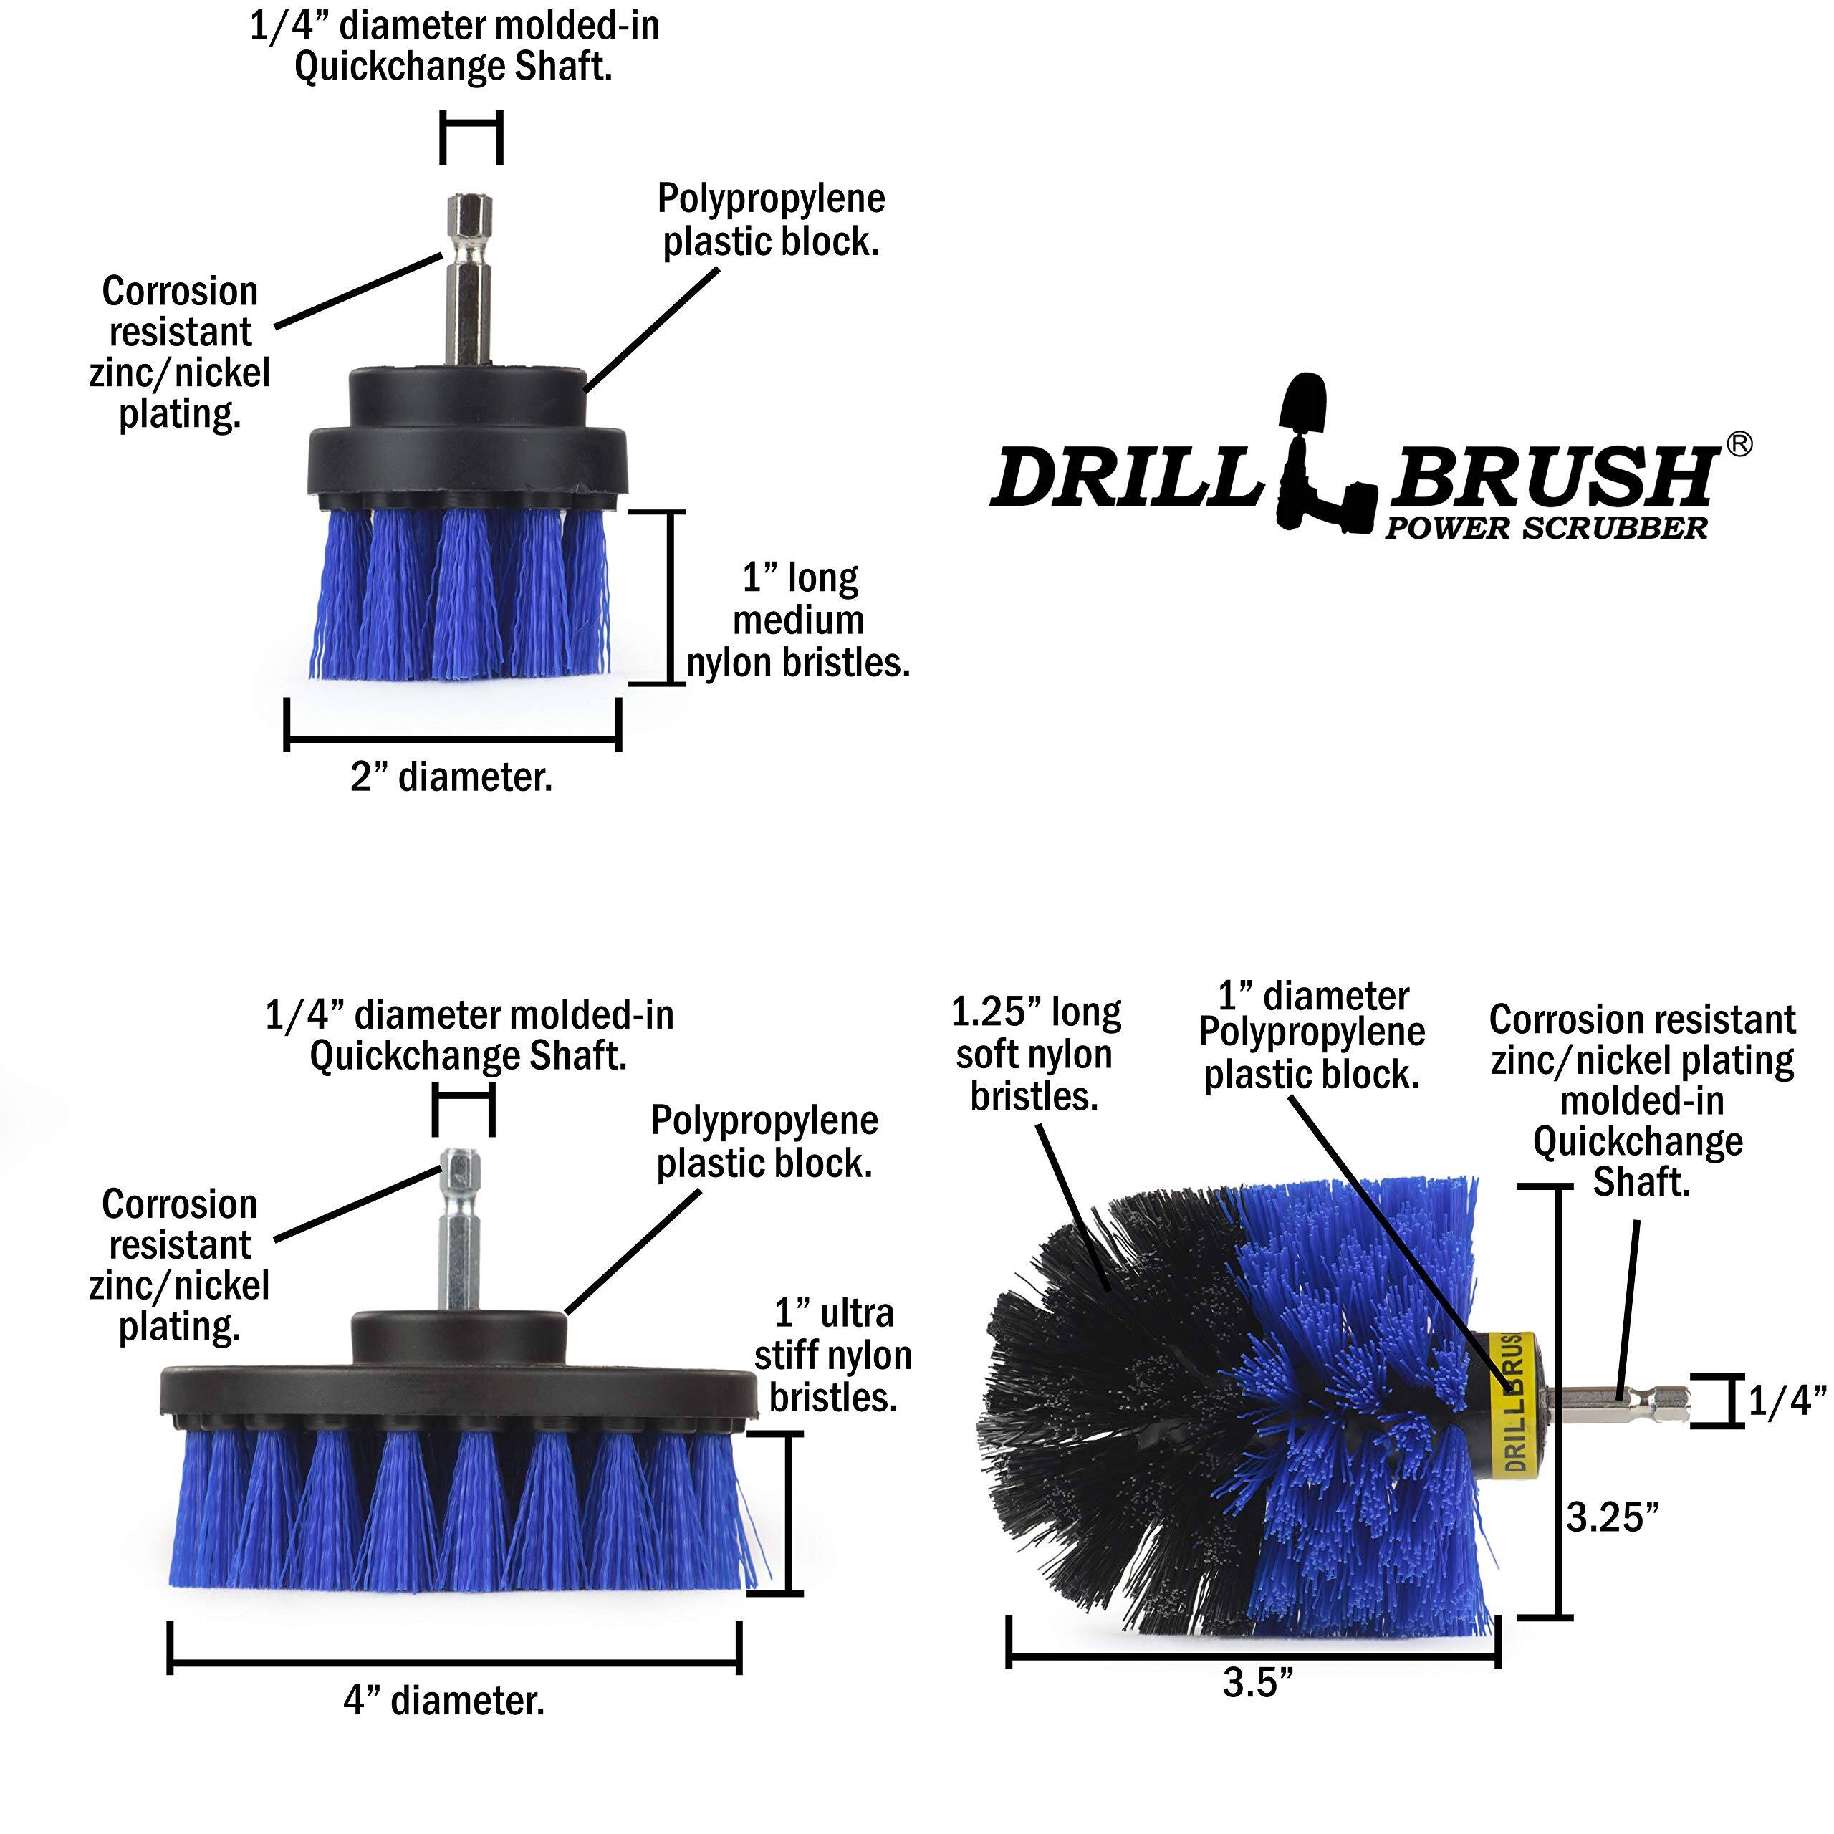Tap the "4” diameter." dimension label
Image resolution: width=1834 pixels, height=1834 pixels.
[x=444, y=1700]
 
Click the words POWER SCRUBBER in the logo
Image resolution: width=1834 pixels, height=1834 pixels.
[x=1545, y=529]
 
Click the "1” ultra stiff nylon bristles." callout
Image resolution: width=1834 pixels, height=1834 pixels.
[x=832, y=1355]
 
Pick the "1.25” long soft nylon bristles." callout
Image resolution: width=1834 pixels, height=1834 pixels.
[x=1036, y=1055]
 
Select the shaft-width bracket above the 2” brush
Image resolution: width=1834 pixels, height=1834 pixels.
[x=471, y=137]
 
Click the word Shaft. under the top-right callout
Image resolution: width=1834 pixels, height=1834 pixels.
[x=1641, y=1183]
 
